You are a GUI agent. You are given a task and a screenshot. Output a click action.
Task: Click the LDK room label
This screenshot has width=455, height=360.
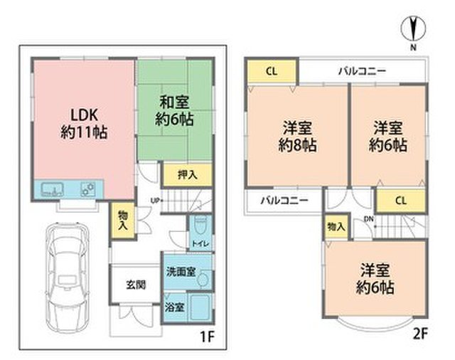(x=84, y=124)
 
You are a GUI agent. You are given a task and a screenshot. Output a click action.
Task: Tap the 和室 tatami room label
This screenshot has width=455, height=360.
(x=174, y=110)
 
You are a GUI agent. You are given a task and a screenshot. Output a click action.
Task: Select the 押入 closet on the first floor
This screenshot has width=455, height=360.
(x=188, y=175)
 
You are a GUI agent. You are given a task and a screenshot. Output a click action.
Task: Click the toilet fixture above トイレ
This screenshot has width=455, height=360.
(x=200, y=226)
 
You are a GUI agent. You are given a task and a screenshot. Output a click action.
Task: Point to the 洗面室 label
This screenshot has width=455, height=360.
(x=181, y=272)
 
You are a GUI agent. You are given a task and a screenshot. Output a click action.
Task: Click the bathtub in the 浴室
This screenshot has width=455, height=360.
(x=200, y=307)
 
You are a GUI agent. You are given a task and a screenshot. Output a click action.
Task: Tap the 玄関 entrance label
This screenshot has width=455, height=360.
(x=136, y=285)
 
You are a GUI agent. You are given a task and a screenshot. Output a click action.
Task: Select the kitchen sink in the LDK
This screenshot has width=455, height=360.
(x=52, y=189)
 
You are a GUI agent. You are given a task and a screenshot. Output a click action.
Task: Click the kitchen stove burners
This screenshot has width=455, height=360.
(x=88, y=189)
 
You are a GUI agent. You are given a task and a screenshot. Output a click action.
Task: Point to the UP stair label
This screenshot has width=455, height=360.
(x=154, y=200)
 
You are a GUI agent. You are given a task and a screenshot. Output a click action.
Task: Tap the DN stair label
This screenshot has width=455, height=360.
(x=368, y=219)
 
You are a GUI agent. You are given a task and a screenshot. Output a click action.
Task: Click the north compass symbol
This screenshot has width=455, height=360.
(x=413, y=29)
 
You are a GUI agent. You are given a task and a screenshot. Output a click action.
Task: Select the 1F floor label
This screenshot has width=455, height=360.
(x=207, y=337)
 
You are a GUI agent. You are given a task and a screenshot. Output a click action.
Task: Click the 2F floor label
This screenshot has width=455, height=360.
(x=420, y=334)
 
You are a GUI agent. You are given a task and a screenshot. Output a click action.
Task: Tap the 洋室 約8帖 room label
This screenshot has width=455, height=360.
(x=297, y=137)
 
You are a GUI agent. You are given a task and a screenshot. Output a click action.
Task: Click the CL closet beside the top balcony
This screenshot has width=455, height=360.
(x=272, y=70)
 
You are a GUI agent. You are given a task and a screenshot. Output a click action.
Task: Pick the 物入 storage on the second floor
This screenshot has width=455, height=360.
(x=336, y=226)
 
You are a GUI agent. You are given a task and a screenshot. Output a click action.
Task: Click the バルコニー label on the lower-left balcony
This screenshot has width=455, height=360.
(x=284, y=201)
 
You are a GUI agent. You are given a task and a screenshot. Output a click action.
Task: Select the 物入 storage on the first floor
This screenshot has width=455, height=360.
(x=123, y=221)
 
